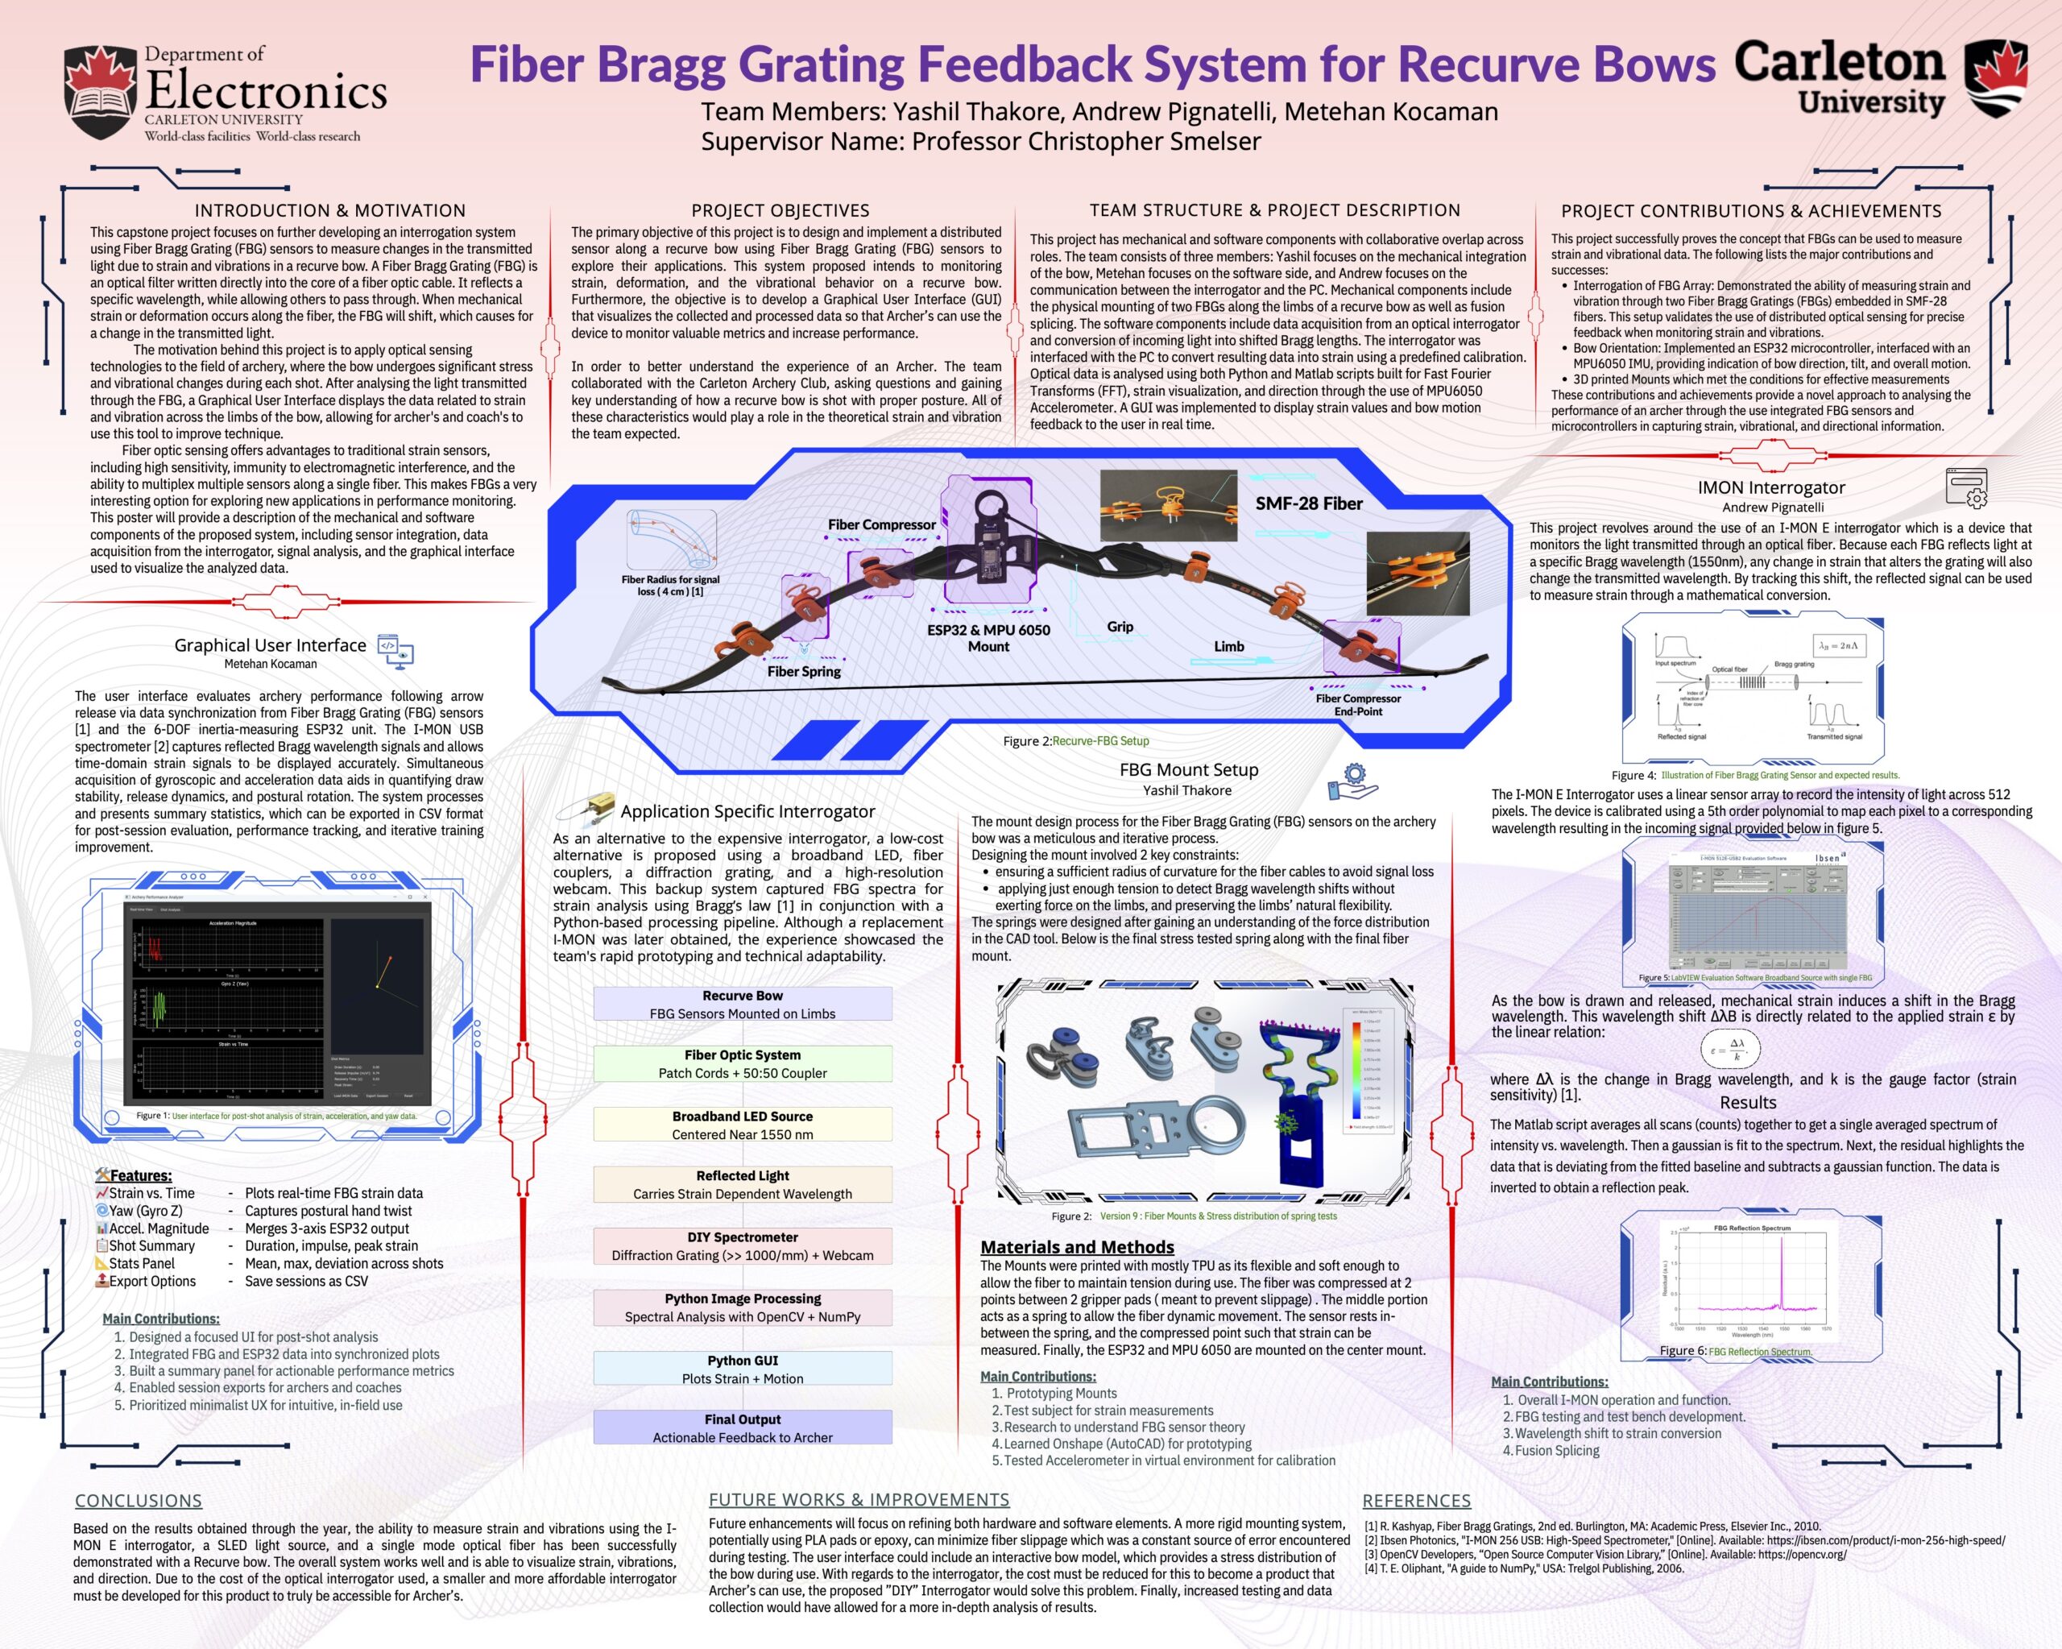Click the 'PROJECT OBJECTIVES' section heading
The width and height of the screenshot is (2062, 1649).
pyautogui.click(x=780, y=210)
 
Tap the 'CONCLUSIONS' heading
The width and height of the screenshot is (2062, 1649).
pyautogui.click(x=139, y=1501)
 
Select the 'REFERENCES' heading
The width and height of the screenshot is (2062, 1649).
pyautogui.click(x=1417, y=1501)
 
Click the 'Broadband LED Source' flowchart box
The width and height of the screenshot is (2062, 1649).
pyautogui.click(x=742, y=1125)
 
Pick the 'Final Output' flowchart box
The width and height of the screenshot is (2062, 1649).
pyautogui.click(x=742, y=1428)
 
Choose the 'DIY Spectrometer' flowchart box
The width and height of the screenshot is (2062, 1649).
pyautogui.click(x=742, y=1246)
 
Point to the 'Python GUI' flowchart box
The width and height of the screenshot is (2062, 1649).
pyautogui.click(x=742, y=1369)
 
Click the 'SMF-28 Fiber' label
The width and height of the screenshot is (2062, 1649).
pyautogui.click(x=1308, y=503)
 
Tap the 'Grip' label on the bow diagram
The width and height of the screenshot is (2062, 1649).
pyautogui.click(x=1120, y=627)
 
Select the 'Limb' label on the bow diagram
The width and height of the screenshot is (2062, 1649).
pyautogui.click(x=1229, y=647)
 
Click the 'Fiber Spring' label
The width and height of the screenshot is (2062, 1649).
pyautogui.click(x=803, y=672)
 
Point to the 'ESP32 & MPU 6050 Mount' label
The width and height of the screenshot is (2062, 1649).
pyautogui.click(x=988, y=638)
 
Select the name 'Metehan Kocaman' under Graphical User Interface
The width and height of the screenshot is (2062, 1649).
pyautogui.click(x=271, y=664)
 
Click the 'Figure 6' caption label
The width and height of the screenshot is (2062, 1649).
pyautogui.click(x=1683, y=1351)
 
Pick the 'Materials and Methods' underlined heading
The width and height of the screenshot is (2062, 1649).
pyautogui.click(x=1077, y=1247)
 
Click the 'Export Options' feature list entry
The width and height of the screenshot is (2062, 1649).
pyautogui.click(x=152, y=1281)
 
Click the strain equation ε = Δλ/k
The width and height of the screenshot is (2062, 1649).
pyautogui.click(x=1730, y=1050)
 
